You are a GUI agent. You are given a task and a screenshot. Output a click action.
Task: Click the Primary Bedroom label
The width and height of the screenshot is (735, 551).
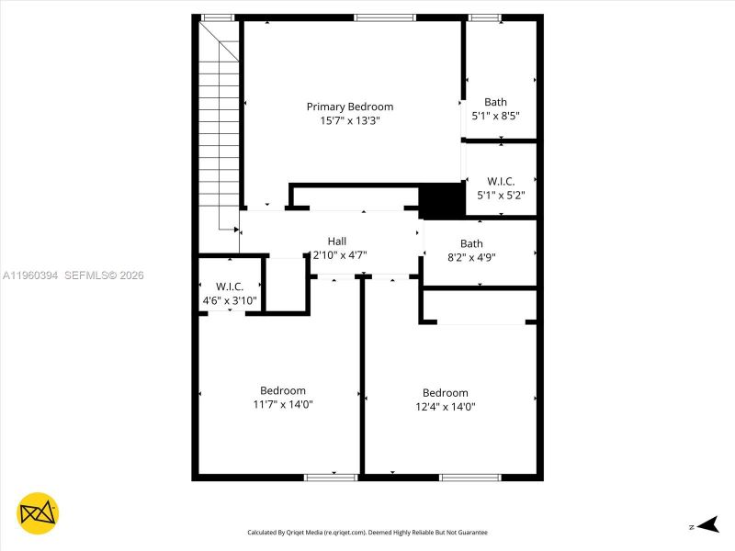coord(349,107)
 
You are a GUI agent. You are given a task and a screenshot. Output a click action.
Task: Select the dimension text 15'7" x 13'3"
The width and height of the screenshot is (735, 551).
coord(349,120)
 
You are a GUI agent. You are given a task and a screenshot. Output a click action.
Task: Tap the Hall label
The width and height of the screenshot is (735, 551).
coord(337,241)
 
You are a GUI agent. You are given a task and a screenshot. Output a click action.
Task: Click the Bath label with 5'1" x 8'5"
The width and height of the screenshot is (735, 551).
coord(495,102)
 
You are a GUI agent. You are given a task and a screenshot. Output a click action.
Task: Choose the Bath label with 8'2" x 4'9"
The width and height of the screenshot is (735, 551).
coord(471,243)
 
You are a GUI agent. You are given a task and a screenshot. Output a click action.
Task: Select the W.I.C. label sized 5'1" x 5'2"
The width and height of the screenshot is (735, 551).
coord(501,181)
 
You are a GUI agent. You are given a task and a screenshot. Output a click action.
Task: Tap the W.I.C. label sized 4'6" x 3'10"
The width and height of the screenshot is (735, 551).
coord(229,287)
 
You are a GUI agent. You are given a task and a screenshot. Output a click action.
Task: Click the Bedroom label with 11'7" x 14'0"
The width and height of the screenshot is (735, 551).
coord(282,390)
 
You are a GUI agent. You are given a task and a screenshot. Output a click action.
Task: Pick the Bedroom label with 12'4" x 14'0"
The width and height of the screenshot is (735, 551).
coord(445,393)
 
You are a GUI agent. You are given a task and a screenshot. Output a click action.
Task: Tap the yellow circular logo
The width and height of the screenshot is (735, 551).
coord(37,514)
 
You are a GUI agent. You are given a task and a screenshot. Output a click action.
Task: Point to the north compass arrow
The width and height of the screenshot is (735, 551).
coord(705,525)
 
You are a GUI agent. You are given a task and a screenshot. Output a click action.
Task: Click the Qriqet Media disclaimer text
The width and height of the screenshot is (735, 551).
coord(367,532)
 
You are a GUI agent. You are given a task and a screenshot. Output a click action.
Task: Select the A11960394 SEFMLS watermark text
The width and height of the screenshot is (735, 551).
coord(73,275)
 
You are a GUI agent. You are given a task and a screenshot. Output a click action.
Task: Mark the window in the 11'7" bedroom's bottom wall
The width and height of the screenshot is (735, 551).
coord(331,477)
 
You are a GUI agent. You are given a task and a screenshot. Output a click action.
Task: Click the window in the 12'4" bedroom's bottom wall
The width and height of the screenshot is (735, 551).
coord(469,477)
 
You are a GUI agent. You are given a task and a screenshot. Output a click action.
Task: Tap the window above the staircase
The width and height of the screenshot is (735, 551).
coord(217,17)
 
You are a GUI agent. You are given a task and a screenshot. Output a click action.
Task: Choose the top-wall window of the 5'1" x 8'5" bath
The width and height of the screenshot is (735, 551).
coord(484,17)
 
